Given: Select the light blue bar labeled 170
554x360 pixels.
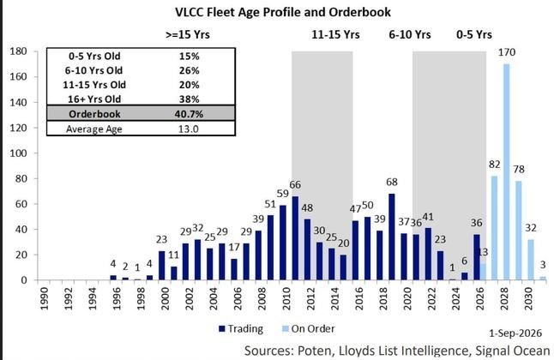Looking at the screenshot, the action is pos(507,172).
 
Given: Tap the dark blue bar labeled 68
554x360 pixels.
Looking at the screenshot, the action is pos(392,237).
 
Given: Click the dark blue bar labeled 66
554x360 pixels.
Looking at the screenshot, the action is pos(295,238).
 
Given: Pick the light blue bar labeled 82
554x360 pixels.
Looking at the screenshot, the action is pos(495,228).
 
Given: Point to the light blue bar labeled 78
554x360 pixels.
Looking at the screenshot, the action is pos(519,231).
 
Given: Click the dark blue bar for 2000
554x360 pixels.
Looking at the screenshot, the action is pos(162,266).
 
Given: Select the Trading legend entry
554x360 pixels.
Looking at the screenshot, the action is pos(241,329).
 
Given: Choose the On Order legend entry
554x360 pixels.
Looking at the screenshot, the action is pos(309,329).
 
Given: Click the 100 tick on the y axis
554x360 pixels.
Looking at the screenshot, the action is pos(19,153).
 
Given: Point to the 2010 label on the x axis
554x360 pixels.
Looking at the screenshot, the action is pos(286,298).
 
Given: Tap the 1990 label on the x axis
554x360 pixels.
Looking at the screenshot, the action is pos(45,298).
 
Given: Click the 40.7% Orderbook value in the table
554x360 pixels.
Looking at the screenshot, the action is pos(189,114).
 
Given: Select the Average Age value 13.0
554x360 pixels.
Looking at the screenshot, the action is pos(189,129).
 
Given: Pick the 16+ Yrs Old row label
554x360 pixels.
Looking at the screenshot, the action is pos(94,99).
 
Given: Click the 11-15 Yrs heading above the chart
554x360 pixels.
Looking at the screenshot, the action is pos(335,34).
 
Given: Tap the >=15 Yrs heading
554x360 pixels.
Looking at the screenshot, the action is pos(188,34).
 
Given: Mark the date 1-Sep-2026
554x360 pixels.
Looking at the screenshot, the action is pos(515,333).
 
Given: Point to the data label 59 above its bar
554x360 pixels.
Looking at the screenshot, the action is pos(283,194).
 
